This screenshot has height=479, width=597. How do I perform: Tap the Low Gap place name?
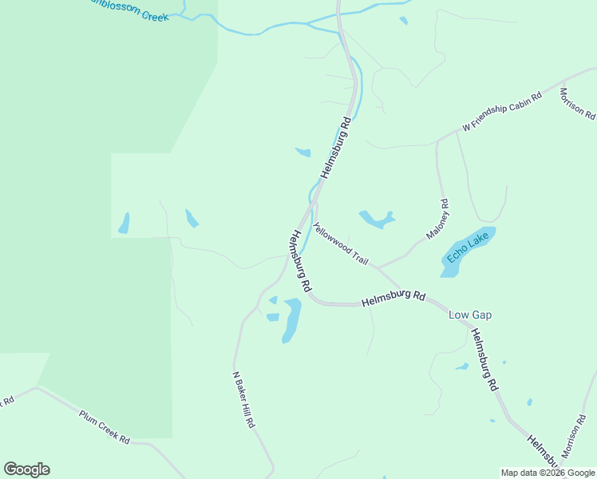click(x=470, y=315)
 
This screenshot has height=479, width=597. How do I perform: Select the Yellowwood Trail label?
click(x=341, y=243)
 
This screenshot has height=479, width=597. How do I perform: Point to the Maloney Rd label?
click(x=438, y=220)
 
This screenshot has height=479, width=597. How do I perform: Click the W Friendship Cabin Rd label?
click(x=502, y=111)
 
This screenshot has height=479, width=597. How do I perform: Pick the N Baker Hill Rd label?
click(x=243, y=399)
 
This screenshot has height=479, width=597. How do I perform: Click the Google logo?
click(x=26, y=469)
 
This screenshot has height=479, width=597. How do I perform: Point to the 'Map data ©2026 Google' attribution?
click(x=548, y=473)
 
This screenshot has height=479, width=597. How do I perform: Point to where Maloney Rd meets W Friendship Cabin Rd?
click(x=437, y=141)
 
